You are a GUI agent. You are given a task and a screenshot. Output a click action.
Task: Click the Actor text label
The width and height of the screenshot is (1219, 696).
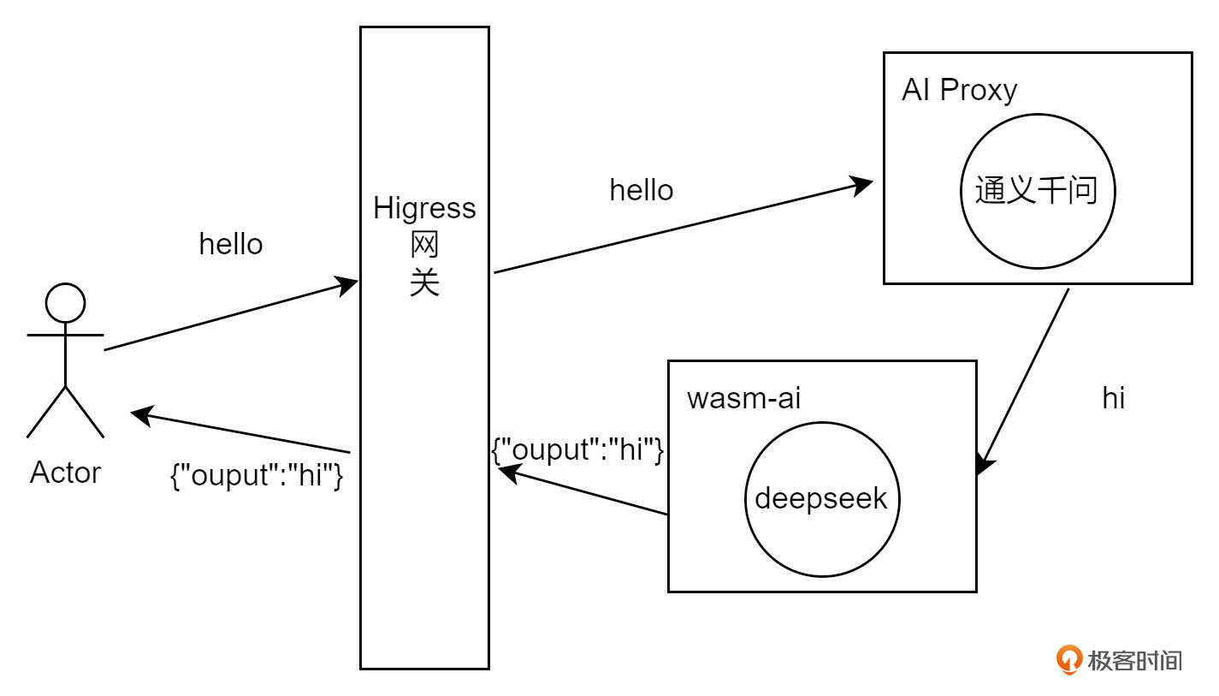pyautogui.click(x=65, y=473)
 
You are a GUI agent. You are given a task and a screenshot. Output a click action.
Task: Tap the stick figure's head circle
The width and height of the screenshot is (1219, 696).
pyautogui.click(x=65, y=303)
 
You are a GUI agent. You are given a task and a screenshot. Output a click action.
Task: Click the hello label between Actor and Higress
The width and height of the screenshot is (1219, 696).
pyautogui.click(x=231, y=244)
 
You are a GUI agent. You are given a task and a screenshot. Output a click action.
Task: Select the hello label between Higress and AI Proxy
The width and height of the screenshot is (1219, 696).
pyautogui.click(x=641, y=190)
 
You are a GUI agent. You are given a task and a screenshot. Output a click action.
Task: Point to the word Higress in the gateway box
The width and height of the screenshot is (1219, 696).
pyautogui.click(x=424, y=208)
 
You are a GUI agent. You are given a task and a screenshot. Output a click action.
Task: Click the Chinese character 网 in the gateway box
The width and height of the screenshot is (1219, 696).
pyautogui.click(x=424, y=246)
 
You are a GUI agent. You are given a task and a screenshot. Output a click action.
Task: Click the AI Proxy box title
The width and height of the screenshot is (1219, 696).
pyautogui.click(x=959, y=91)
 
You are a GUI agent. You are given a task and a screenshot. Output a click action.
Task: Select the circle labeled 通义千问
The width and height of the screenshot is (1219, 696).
pyautogui.click(x=1037, y=192)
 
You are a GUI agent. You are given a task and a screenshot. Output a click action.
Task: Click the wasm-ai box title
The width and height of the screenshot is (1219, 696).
pyautogui.click(x=743, y=398)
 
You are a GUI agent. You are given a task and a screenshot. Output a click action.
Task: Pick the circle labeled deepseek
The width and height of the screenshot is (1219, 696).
pyautogui.click(x=821, y=499)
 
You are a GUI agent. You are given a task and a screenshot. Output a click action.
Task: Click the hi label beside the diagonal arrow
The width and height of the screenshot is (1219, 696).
pyautogui.click(x=1113, y=398)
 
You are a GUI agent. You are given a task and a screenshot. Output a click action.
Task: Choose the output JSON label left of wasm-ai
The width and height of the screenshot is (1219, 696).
pyautogui.click(x=578, y=450)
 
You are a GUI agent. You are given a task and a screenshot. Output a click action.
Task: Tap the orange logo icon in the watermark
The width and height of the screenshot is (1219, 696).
pyautogui.click(x=1069, y=659)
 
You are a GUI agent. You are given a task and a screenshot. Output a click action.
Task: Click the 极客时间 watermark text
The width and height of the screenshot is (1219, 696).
pyautogui.click(x=1134, y=660)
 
